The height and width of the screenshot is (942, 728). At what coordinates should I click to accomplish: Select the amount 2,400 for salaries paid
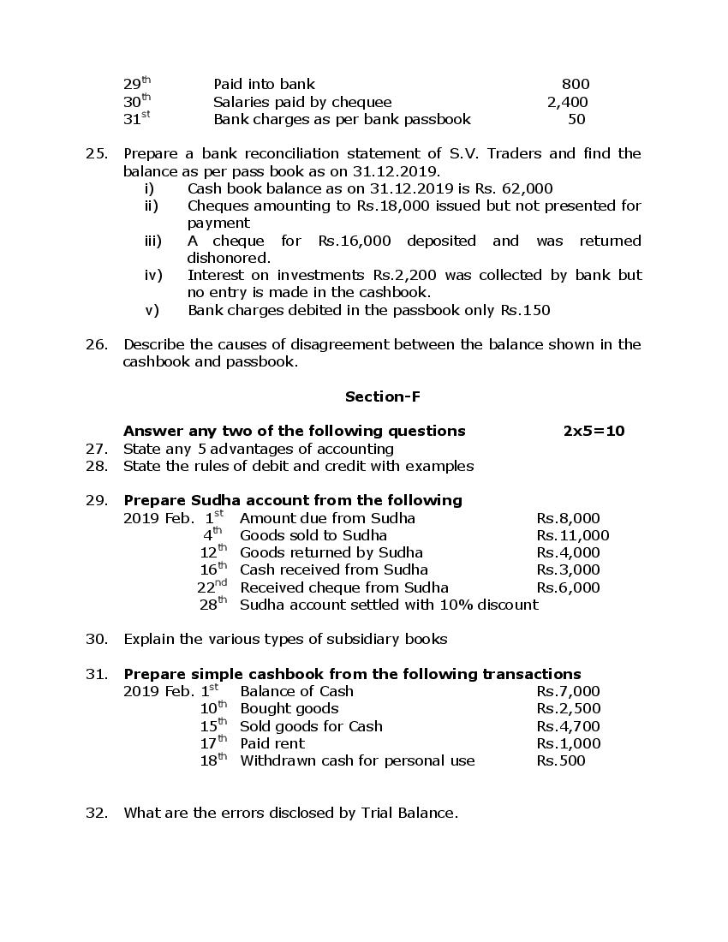pyautogui.click(x=567, y=102)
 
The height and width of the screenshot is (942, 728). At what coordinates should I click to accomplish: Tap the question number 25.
pyautogui.click(x=96, y=153)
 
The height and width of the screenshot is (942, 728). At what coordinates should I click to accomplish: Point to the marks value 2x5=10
pyautogui.click(x=594, y=431)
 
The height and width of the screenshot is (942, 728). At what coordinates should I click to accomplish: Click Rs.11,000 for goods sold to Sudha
pyautogui.click(x=572, y=535)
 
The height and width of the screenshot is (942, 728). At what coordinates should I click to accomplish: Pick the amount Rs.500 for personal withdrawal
pyautogui.click(x=560, y=760)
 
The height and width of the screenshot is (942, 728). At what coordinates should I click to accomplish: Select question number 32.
pyautogui.click(x=96, y=813)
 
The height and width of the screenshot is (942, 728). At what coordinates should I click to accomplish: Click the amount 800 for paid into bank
pyautogui.click(x=575, y=84)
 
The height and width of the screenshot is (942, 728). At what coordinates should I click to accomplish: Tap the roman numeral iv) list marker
pyautogui.click(x=152, y=275)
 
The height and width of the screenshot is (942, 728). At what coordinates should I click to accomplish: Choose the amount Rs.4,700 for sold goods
pyautogui.click(x=568, y=726)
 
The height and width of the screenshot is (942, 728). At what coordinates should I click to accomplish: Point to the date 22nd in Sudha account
pyautogui.click(x=212, y=587)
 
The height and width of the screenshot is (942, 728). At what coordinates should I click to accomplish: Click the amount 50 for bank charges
pyautogui.click(x=576, y=119)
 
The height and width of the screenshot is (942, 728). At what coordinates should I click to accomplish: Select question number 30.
pyautogui.click(x=96, y=639)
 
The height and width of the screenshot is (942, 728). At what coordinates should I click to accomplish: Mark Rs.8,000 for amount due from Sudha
pyautogui.click(x=568, y=518)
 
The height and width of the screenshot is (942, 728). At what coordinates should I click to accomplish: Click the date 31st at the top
pyautogui.click(x=136, y=119)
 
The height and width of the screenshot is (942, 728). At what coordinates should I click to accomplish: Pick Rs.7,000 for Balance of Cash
pyautogui.click(x=568, y=691)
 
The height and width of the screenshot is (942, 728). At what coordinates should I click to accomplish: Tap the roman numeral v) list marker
pyautogui.click(x=152, y=310)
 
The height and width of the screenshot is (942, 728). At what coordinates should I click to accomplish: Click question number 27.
pyautogui.click(x=96, y=449)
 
